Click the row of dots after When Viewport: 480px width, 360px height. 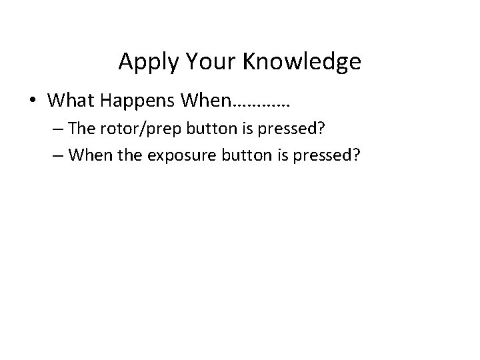tap(261, 104)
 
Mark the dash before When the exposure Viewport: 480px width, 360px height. tap(61, 155)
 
